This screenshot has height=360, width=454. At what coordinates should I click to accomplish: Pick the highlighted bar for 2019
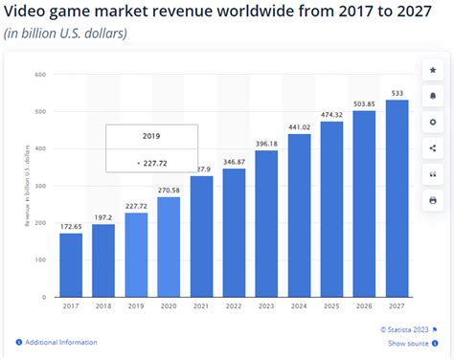point(136,258)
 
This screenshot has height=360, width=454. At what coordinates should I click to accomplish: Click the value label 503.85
point(364,103)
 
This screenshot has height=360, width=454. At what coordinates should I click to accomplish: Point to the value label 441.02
point(299,126)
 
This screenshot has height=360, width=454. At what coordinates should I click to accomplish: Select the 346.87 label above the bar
point(234,162)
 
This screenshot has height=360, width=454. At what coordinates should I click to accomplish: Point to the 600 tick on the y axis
point(41,75)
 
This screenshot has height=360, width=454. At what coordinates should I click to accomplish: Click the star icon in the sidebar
point(432,70)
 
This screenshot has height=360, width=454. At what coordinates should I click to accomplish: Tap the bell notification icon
point(432,96)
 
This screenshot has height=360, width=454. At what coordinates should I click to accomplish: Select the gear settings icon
point(432,122)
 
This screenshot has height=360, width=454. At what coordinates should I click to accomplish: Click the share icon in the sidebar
point(432,147)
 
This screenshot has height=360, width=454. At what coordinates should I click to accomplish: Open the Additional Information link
point(60,342)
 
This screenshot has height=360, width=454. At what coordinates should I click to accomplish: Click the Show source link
point(408,343)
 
